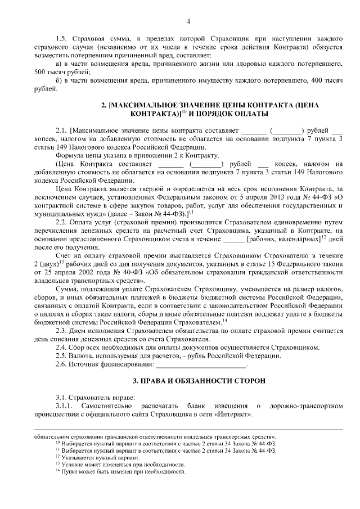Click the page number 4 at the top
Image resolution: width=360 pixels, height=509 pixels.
[188, 21]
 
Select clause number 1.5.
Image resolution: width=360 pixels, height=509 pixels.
[61, 38]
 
